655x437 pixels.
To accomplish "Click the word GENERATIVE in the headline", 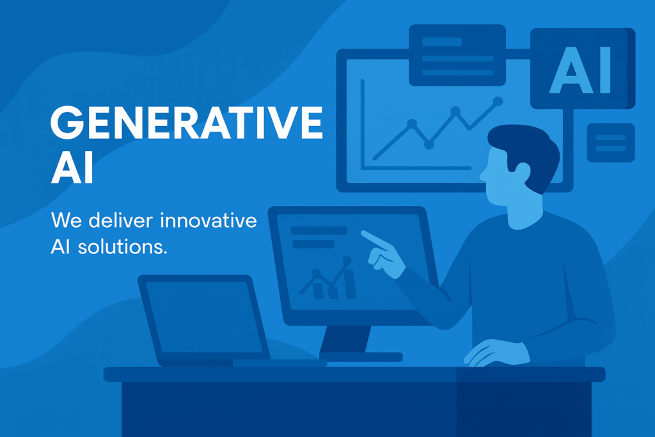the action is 187,122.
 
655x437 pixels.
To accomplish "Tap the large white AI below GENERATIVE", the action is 72,168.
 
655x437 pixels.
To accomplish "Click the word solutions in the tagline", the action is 122,246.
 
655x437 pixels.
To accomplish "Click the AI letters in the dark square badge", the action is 580,70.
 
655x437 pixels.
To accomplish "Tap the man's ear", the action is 522,173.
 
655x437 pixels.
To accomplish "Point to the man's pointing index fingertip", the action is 363,232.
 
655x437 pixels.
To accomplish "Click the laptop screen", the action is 204,317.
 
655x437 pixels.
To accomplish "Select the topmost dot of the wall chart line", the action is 498,101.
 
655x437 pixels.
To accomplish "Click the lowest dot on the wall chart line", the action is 429,145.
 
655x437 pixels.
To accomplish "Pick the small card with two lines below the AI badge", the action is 611,143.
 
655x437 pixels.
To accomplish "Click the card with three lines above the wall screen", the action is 457,55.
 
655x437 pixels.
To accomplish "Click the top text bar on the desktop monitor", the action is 319,230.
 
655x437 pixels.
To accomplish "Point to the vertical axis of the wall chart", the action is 363,124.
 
